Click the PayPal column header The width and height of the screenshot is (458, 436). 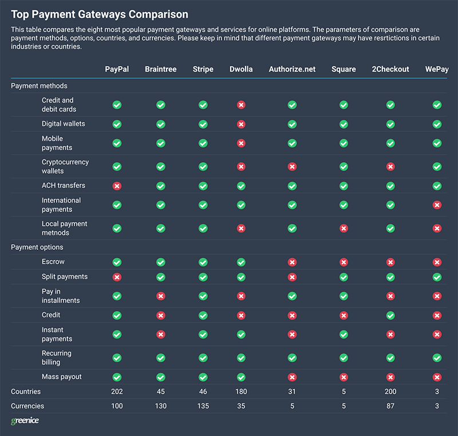click(117, 69)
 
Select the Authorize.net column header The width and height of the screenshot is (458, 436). click(292, 69)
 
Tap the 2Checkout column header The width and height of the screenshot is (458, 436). click(390, 69)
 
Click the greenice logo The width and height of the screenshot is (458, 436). click(25, 421)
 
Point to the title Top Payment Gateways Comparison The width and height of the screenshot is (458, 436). click(100, 14)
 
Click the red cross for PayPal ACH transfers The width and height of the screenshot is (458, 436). click(117, 186)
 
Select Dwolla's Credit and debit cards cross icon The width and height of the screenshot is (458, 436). click(241, 105)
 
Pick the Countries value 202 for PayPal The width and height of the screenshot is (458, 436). click(117, 391)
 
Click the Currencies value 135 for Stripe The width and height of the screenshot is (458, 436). click(203, 406)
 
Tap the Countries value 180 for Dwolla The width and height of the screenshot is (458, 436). click(241, 391)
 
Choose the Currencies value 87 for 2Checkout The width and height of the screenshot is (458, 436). click(390, 406)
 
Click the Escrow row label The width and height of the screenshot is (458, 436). click(53, 262)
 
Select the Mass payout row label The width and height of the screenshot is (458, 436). click(62, 377)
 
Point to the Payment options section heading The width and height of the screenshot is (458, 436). click(37, 248)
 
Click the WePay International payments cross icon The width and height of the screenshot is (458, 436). click(437, 205)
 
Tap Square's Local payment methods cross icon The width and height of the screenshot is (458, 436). click(343, 229)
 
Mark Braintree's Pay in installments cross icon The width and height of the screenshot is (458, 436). click(161, 296)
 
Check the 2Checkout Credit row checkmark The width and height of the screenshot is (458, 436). click(390, 315)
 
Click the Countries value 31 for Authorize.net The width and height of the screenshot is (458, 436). click(292, 391)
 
